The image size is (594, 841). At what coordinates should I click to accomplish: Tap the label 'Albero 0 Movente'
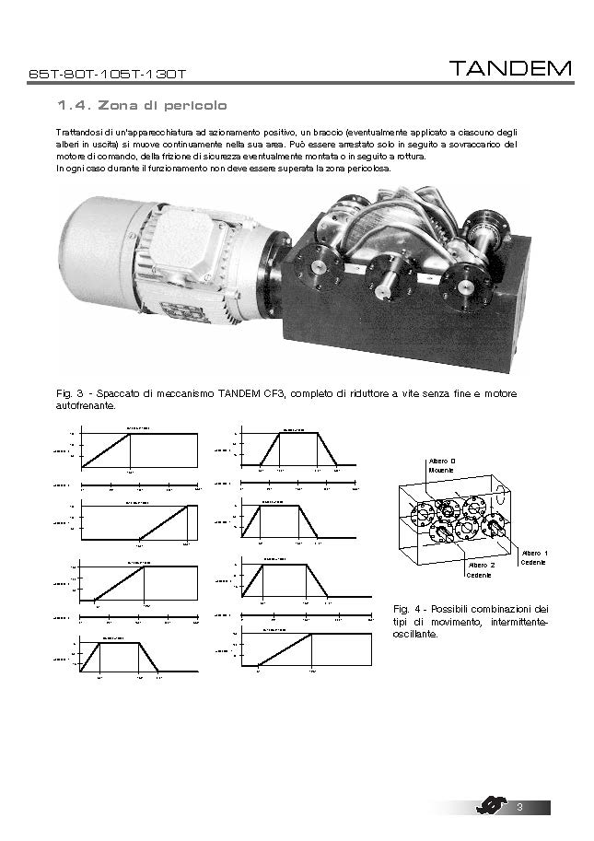coord(443,464)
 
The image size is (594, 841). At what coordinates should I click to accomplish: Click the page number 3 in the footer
coord(520,808)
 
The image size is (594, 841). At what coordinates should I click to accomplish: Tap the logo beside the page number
coord(493,808)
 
